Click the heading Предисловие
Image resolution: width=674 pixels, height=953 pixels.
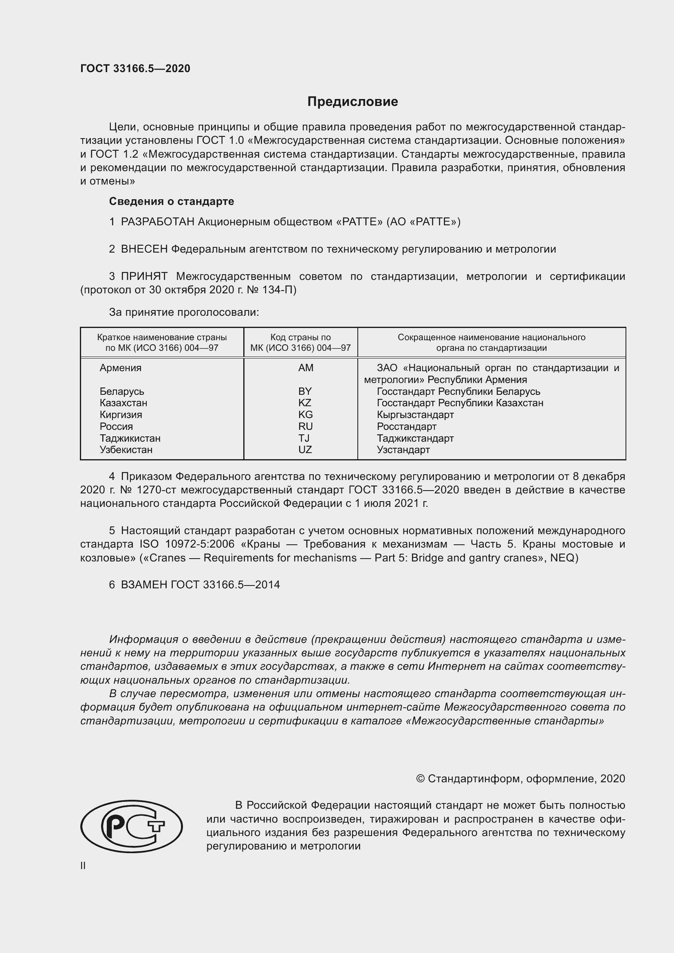point(352,101)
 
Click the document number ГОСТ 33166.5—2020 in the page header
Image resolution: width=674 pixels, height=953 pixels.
point(135,68)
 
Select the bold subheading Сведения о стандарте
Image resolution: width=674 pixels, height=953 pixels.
point(172,201)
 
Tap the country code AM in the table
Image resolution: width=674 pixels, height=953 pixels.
point(306,368)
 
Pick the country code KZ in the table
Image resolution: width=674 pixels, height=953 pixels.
point(305,403)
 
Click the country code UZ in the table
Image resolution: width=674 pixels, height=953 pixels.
point(305,449)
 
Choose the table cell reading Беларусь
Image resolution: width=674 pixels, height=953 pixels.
point(121,392)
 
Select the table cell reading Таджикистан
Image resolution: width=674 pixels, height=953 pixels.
point(130,438)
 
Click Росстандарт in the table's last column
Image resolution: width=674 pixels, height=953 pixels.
point(406,426)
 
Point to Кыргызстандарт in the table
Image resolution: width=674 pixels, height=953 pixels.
point(415,415)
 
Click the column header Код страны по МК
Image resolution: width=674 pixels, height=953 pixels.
point(300,342)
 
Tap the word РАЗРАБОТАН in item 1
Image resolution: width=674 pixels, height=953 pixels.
point(158,222)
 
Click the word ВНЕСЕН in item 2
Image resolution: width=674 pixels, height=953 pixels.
point(144,249)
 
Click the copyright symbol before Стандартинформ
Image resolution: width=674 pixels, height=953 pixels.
point(420,779)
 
